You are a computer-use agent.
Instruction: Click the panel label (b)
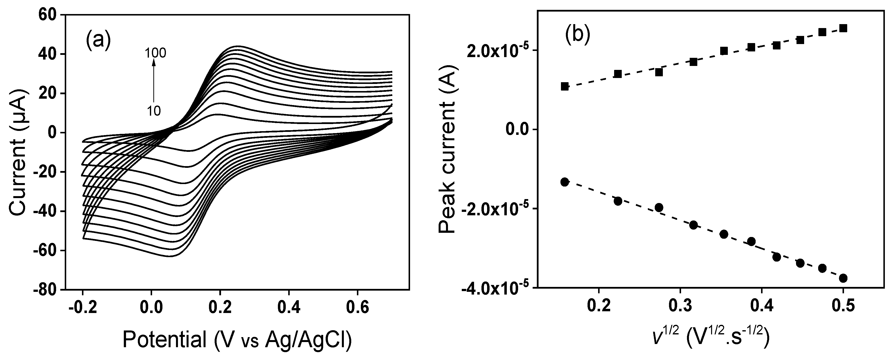pos(577,35)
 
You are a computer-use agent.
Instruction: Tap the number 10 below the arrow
pos(153,111)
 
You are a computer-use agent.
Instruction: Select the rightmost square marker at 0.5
pos(843,28)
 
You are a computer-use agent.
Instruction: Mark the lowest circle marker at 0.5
pos(843,278)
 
